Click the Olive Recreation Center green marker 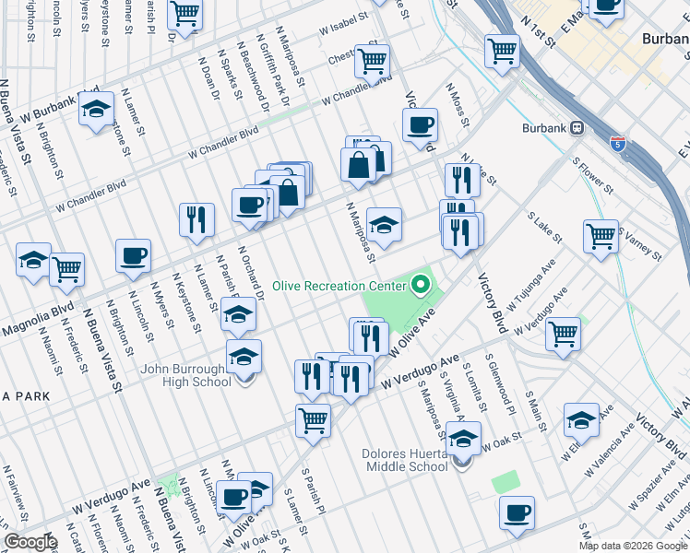click(422, 285)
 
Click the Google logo click(30, 542)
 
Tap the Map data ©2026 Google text click(633, 546)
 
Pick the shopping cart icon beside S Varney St click(601, 236)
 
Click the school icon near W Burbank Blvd click(96, 112)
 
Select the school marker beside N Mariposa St click(384, 224)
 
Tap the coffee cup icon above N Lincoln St click(133, 255)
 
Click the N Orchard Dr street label click(250, 273)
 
